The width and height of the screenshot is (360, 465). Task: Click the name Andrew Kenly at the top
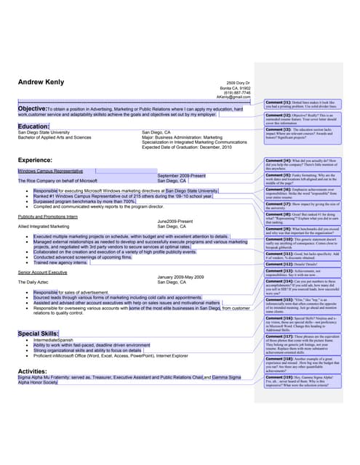[x=41, y=82]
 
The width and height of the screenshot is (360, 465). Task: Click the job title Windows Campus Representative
[x=52, y=171]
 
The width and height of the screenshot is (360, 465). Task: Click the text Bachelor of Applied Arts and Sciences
[x=55, y=137]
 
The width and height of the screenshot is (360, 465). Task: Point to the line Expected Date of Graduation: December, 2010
[x=187, y=147]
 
